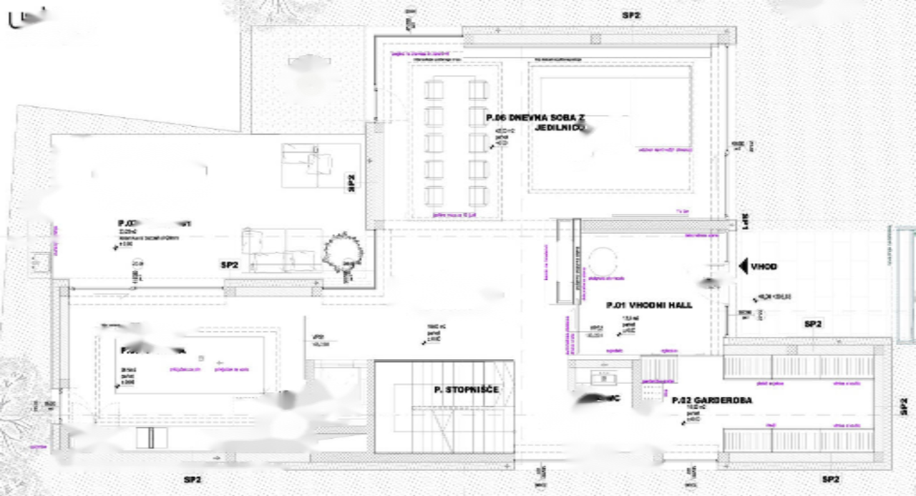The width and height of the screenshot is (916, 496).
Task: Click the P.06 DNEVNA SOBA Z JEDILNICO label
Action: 537,122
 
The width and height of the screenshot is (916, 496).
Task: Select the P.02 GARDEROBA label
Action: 711,400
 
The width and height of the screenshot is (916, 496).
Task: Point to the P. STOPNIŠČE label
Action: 466,390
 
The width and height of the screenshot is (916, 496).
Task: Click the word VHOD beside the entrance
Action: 764,267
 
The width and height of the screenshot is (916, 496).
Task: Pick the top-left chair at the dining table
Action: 434,89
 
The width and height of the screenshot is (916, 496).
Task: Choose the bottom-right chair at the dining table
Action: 478,195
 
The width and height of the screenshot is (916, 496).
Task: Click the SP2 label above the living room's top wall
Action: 631,15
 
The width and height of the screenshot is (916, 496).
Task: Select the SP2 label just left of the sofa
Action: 229,266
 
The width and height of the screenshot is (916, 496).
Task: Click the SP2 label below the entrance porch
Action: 813,324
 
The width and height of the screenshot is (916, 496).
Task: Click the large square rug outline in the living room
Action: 610,128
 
